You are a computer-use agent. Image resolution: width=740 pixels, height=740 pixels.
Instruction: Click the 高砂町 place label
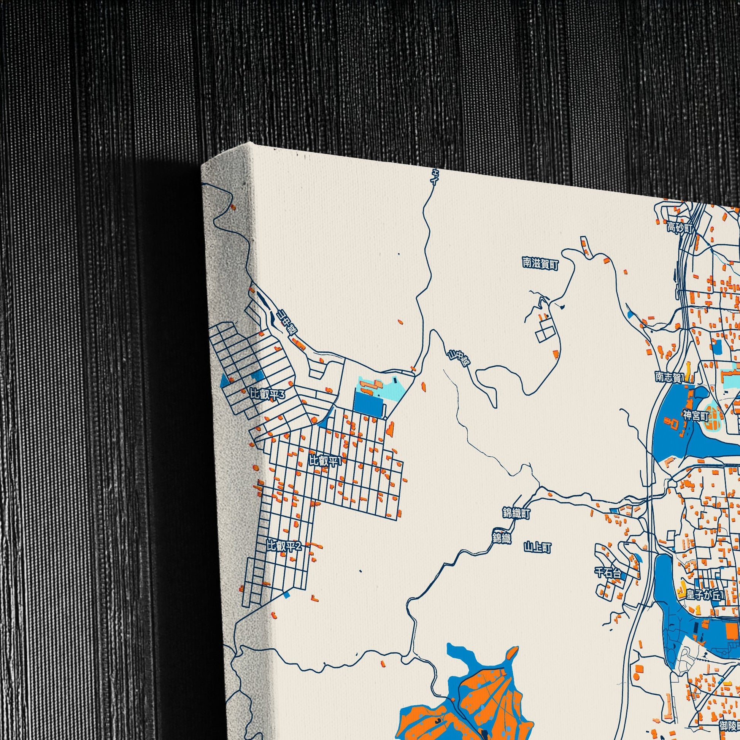pyautogui.click(x=680, y=229)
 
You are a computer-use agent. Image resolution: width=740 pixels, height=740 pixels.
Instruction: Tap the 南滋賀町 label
pyautogui.click(x=540, y=264)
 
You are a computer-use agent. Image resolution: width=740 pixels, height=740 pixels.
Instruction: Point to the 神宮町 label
pyautogui.click(x=696, y=416)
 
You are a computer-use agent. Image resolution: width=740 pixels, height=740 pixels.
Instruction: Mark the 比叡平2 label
pyautogui.click(x=284, y=546)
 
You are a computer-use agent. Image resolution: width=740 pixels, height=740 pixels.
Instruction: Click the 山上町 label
pyautogui.click(x=537, y=548)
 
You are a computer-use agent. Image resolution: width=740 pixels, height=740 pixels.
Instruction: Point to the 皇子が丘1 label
pyautogui.click(x=705, y=595)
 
